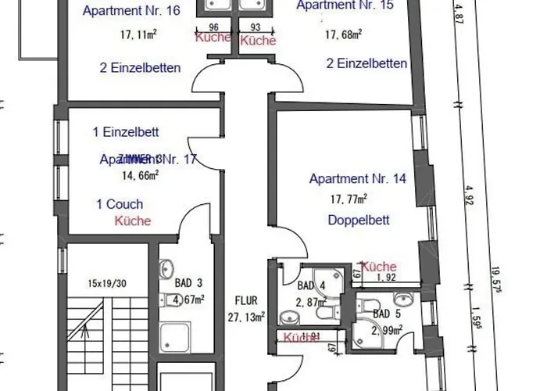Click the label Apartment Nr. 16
[x=131, y=10]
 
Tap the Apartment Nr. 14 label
[x=358, y=179]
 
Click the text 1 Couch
[x=120, y=205]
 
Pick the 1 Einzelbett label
[x=126, y=131]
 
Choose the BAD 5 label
[x=388, y=314]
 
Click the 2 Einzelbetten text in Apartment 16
[x=141, y=68]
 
